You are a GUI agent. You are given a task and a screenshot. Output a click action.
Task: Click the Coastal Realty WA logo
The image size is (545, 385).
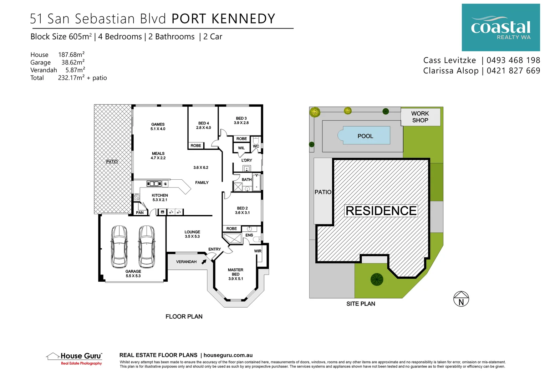(x=500, y=27)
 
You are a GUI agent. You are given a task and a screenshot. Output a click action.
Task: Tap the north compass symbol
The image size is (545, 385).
(x=461, y=299)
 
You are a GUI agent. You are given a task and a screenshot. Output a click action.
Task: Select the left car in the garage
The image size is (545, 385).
(x=119, y=246)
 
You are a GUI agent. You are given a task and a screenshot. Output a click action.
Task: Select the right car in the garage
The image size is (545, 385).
(x=147, y=246)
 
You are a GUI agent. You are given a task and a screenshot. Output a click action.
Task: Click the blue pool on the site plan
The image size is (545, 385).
(x=366, y=135)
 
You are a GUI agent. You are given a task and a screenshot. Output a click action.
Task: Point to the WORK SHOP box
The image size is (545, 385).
(x=421, y=117)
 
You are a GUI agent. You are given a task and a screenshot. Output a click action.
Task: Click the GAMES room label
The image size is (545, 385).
(x=158, y=124)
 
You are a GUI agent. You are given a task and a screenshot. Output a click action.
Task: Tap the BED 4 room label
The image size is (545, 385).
(x=203, y=123)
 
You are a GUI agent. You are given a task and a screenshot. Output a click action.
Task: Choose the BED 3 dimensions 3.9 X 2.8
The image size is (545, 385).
(x=241, y=123)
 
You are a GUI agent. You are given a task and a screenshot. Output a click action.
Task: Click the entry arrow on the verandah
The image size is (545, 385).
(x=204, y=262)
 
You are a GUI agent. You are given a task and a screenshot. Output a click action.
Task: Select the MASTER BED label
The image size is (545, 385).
(x=235, y=272)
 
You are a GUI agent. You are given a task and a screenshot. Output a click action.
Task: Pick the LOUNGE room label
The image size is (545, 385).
(x=192, y=232)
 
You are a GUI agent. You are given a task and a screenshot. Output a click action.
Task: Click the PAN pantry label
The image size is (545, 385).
(x=140, y=213)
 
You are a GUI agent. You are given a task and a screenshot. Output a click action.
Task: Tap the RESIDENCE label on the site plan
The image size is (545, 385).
(x=381, y=211)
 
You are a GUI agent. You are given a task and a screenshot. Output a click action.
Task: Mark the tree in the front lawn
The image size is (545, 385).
(x=377, y=279)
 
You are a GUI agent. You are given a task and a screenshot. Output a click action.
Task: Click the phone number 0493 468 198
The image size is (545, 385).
(x=513, y=60)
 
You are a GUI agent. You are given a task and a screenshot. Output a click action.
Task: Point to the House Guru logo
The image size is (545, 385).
(x=75, y=358)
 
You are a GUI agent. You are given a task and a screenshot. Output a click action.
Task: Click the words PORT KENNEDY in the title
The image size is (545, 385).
(x=223, y=19)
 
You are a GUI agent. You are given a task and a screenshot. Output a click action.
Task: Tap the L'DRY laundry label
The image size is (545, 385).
(x=246, y=160)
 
